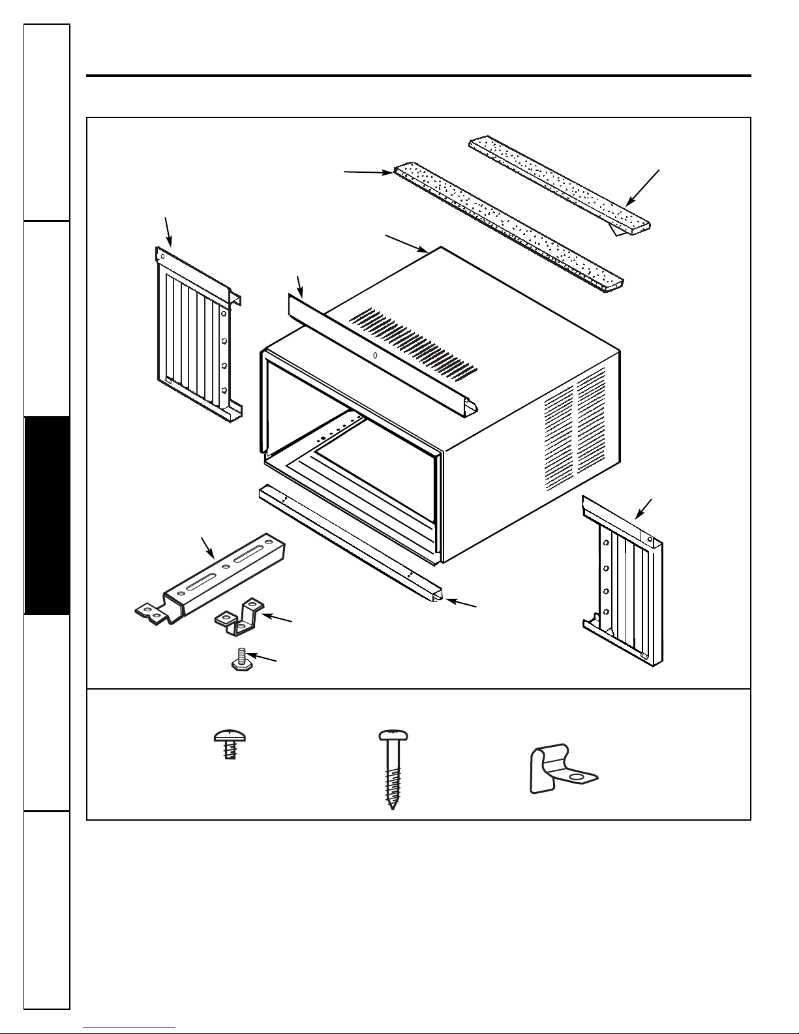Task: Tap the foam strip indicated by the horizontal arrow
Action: pyautogui.click(x=509, y=225)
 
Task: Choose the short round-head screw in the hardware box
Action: pyautogui.click(x=226, y=744)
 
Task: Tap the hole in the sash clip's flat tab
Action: pyautogui.click(x=575, y=778)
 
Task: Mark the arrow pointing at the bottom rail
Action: pyautogui.click(x=460, y=603)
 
